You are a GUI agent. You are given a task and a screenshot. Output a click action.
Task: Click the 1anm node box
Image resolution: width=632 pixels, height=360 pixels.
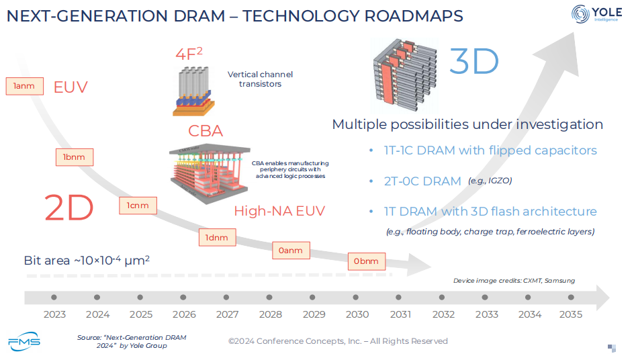tap(24, 86)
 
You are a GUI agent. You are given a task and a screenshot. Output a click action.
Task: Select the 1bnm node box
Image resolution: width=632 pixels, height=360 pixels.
tap(74, 156)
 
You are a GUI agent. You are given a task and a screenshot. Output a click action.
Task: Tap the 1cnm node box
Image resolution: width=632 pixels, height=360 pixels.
tap(138, 206)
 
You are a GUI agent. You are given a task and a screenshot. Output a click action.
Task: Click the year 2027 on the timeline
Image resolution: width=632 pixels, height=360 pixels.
tap(227, 314)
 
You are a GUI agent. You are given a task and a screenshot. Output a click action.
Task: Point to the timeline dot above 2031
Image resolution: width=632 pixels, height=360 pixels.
tap(400, 297)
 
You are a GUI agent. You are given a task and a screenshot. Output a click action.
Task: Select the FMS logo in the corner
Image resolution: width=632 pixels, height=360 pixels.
tap(24, 341)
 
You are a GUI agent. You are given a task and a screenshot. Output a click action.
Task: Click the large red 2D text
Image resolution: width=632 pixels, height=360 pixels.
tap(69, 208)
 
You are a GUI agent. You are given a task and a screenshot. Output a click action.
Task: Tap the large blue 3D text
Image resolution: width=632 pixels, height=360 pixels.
tap(473, 62)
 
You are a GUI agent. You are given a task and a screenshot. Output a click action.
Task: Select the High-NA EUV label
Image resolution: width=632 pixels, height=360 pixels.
tap(279, 211)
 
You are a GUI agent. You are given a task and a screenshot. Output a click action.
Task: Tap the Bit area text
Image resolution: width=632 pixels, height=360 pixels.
tap(87, 261)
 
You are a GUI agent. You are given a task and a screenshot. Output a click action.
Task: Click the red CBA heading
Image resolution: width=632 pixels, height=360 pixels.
tap(206, 130)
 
